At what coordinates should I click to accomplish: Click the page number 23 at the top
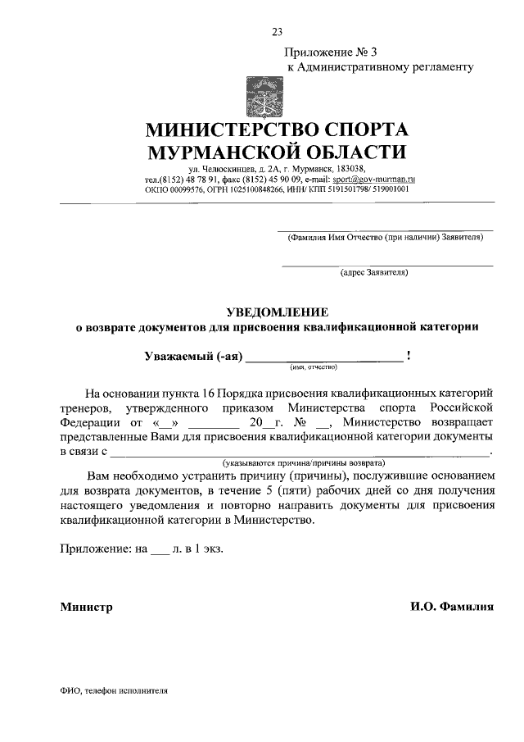277,32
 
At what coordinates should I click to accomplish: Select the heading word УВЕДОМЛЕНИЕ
277,312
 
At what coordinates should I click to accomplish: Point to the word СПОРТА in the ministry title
356,130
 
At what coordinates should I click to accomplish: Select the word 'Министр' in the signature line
86,608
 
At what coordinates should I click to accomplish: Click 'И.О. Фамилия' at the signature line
452,608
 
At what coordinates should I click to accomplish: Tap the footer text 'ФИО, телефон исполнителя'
114,690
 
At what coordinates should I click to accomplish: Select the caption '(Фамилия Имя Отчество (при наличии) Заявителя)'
385,238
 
